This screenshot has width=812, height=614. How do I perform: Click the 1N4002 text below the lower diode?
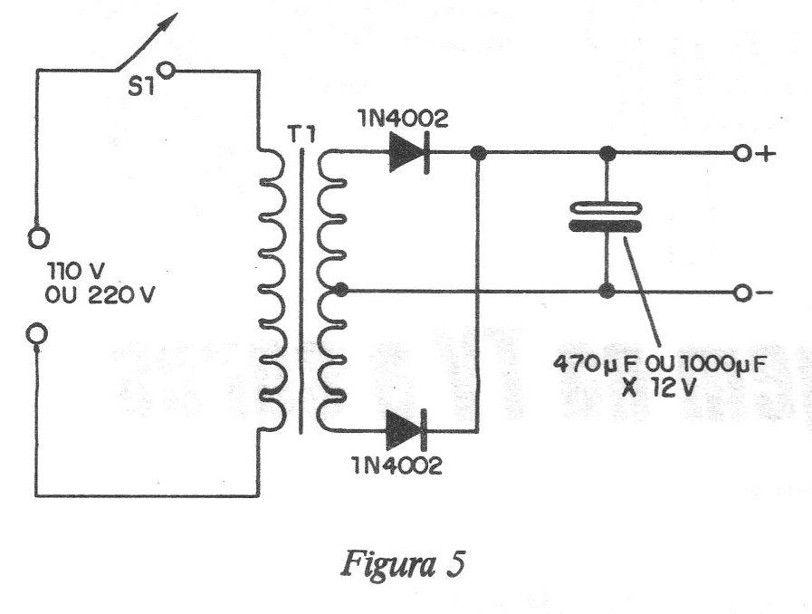tap(399, 467)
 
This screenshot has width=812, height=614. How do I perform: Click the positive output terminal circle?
tap(743, 155)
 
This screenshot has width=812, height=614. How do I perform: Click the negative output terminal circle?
tap(743, 293)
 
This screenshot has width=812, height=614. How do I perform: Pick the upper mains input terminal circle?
tap(37, 239)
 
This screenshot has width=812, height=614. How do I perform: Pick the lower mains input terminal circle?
tap(37, 335)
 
